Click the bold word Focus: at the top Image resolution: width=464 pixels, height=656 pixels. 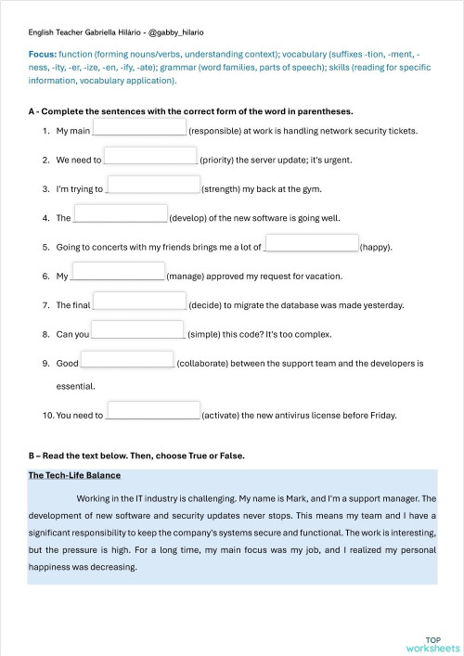(43, 55)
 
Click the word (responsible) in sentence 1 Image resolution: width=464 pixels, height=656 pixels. (217, 132)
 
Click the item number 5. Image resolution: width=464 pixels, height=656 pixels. (45, 248)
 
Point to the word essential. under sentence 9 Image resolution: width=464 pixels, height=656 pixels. (75, 386)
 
